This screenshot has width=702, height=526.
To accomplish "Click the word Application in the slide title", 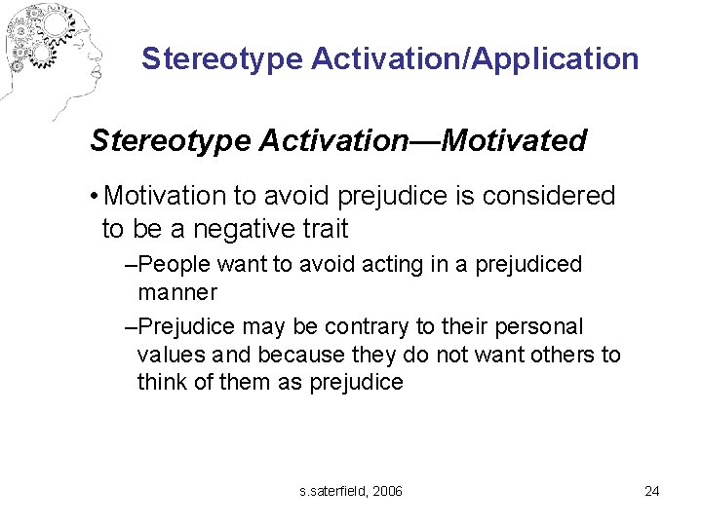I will click(x=556, y=58).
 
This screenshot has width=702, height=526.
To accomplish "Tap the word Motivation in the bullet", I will click(x=165, y=196).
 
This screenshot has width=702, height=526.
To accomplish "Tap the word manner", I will click(x=177, y=291).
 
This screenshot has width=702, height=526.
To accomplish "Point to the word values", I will click(x=167, y=355).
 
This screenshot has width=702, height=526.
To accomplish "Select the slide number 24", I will click(x=651, y=491).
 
